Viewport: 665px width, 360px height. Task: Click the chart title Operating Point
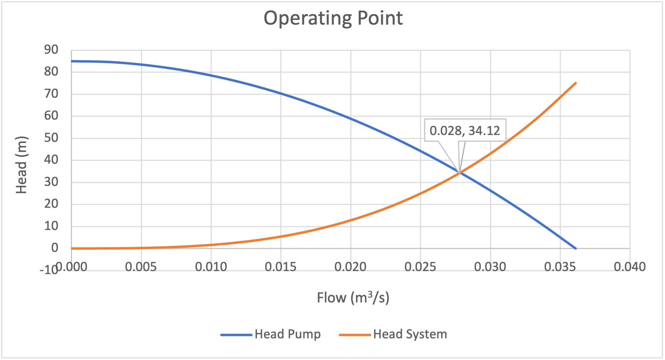pyautogui.click(x=333, y=18)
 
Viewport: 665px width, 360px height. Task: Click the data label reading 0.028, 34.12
pyautogui.click(x=465, y=130)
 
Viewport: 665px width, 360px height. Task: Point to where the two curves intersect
pyautogui.click(x=460, y=173)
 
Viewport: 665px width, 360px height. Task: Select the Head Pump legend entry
pyautogui.click(x=271, y=334)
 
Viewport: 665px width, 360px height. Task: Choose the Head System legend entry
pyautogui.click(x=393, y=334)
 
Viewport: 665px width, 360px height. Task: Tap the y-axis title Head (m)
pyautogui.click(x=21, y=165)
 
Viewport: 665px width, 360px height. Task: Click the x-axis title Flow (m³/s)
pyautogui.click(x=353, y=297)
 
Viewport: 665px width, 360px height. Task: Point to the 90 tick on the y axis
pyautogui.click(x=51, y=50)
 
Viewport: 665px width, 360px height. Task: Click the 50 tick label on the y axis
pyautogui.click(x=51, y=138)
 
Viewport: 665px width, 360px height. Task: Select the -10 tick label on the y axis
pyautogui.click(x=49, y=270)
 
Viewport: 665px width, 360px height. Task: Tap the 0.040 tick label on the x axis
pyautogui.click(x=630, y=267)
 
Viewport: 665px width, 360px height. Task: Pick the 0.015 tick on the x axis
pyautogui.click(x=281, y=267)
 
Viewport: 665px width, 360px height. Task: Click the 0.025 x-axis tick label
pyautogui.click(x=420, y=267)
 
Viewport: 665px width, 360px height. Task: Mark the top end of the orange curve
pyautogui.click(x=576, y=83)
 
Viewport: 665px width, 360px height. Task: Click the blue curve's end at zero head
pyautogui.click(x=576, y=248)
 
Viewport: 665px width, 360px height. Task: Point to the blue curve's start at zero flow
pyautogui.click(x=72, y=61)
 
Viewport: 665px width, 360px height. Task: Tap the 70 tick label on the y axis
pyautogui.click(x=51, y=94)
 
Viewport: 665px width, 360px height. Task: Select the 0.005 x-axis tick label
pyautogui.click(x=141, y=267)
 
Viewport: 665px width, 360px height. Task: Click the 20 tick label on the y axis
pyautogui.click(x=51, y=204)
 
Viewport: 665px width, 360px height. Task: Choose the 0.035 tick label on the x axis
pyautogui.click(x=560, y=267)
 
